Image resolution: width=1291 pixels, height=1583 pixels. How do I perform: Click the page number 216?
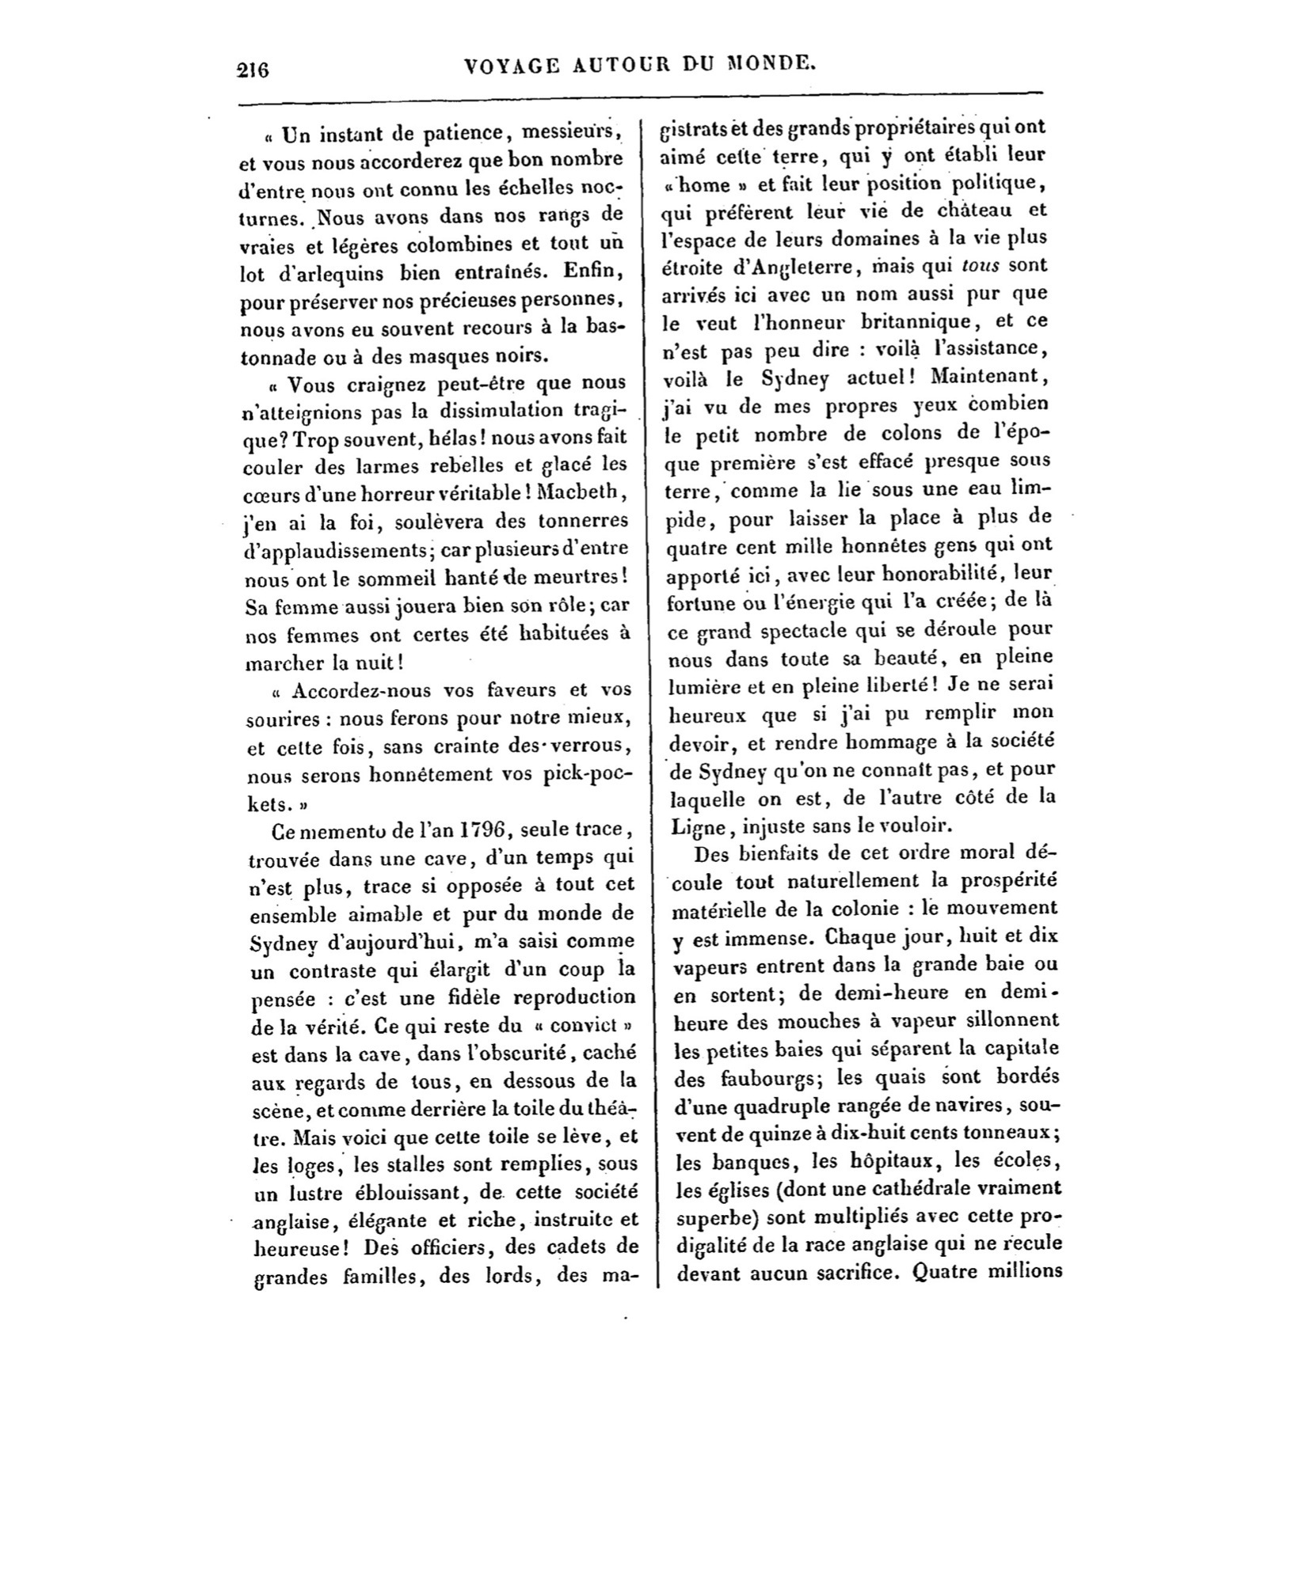pos(254,70)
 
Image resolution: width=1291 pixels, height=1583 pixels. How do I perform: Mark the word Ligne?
pos(696,826)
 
